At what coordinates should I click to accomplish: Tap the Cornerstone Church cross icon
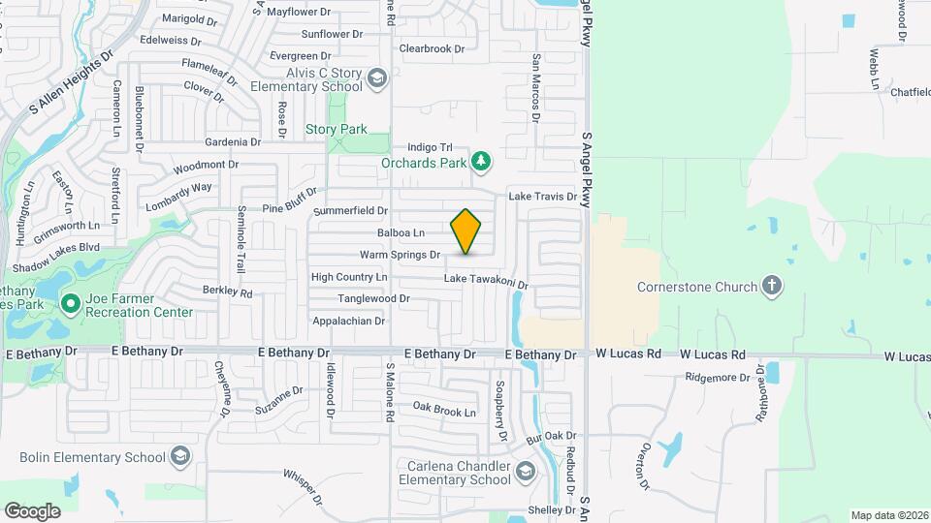pyautogui.click(x=772, y=286)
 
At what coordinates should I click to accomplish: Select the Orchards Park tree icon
pyautogui.click(x=479, y=161)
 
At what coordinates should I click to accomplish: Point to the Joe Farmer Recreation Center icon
pyautogui.click(x=70, y=304)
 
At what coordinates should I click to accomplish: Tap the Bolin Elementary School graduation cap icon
pyautogui.click(x=179, y=457)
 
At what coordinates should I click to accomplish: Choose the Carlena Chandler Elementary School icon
pyautogui.click(x=525, y=472)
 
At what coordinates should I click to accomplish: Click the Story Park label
pyautogui.click(x=336, y=129)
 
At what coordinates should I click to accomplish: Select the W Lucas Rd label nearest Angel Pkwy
pyautogui.click(x=627, y=355)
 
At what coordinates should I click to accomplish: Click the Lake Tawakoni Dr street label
pyautogui.click(x=485, y=282)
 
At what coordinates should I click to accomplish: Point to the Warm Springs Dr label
pyautogui.click(x=400, y=255)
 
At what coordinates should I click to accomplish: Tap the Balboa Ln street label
pyautogui.click(x=401, y=233)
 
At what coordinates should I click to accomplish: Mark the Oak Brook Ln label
pyautogui.click(x=443, y=412)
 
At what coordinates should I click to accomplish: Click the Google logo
pyautogui.click(x=32, y=510)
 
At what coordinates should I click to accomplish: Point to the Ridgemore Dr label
pyautogui.click(x=718, y=378)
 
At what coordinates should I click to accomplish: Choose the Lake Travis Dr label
pyautogui.click(x=543, y=197)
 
